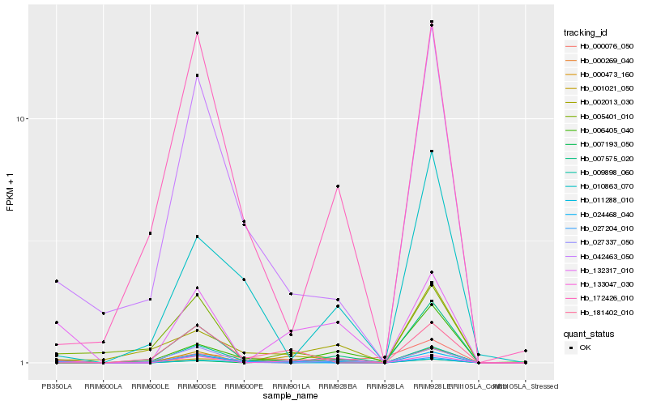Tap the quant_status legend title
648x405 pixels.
589,333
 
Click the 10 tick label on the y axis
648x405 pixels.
23,119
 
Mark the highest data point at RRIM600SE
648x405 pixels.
197,33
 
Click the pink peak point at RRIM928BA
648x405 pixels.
338,186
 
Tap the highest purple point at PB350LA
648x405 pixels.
57,281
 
